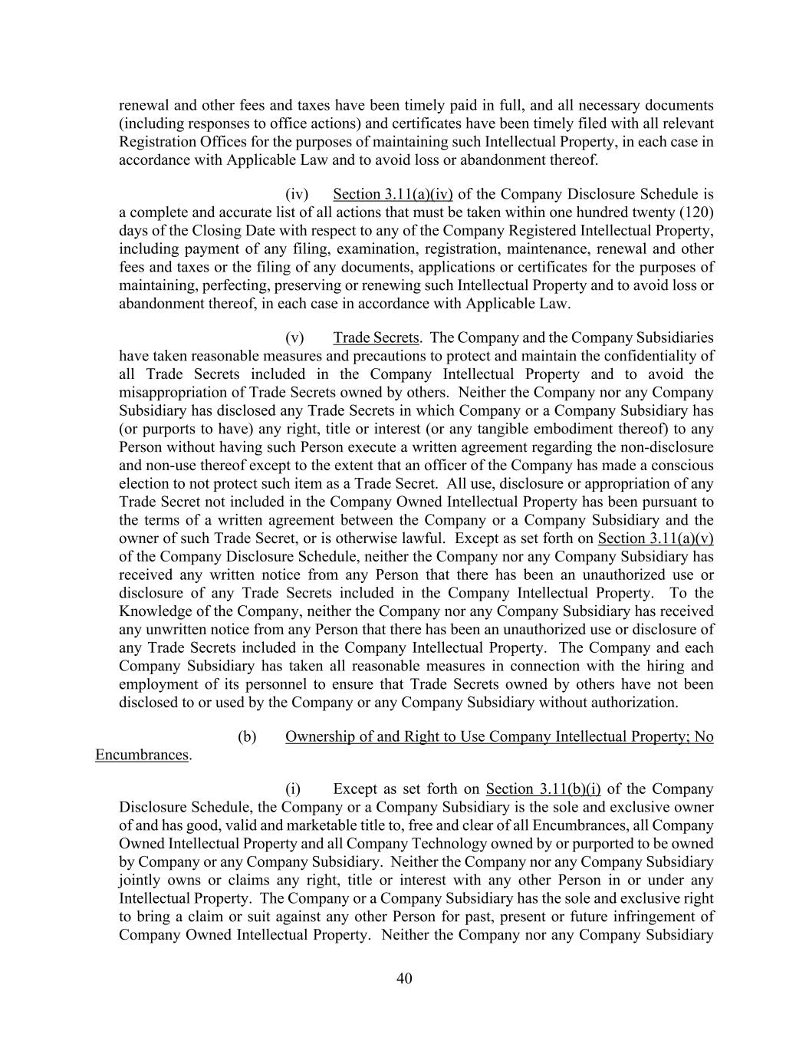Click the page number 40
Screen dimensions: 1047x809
[405, 978]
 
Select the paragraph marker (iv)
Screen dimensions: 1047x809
[297, 194]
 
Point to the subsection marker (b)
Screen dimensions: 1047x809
[247, 737]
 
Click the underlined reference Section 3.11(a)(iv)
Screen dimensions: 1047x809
[393, 194]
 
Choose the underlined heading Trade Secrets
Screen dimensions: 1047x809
[377, 338]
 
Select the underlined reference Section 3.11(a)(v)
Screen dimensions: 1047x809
[656, 538]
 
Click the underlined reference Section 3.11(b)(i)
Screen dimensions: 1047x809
[544, 789]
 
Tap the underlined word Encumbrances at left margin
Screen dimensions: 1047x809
[142, 756]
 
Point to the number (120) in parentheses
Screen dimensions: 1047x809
[697, 212]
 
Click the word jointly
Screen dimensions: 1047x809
[140, 881]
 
